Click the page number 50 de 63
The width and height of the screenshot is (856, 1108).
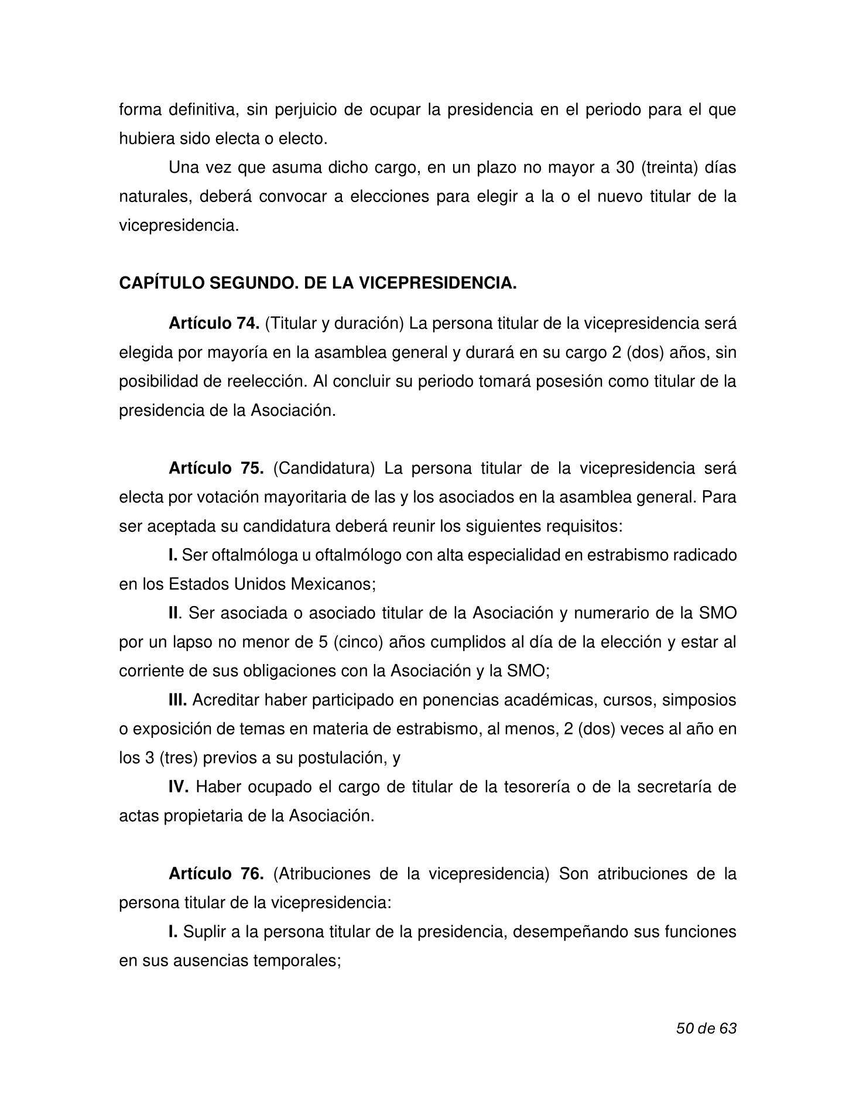coord(706,1028)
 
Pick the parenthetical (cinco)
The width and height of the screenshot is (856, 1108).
coord(358,642)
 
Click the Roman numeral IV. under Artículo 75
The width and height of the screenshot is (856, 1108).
coord(178,786)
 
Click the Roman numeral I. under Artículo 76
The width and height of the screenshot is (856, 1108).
coord(173,931)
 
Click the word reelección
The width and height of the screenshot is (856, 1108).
coord(268,381)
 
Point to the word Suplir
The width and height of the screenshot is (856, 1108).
coord(202,931)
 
